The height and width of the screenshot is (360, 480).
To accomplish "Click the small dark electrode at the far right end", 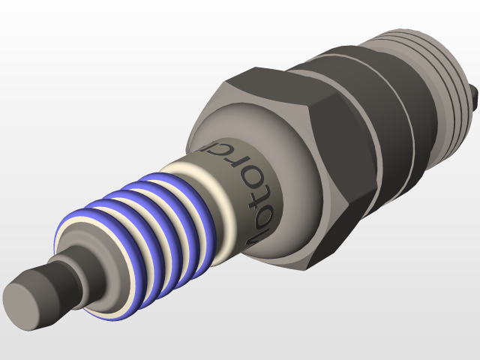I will [x=476, y=94].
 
